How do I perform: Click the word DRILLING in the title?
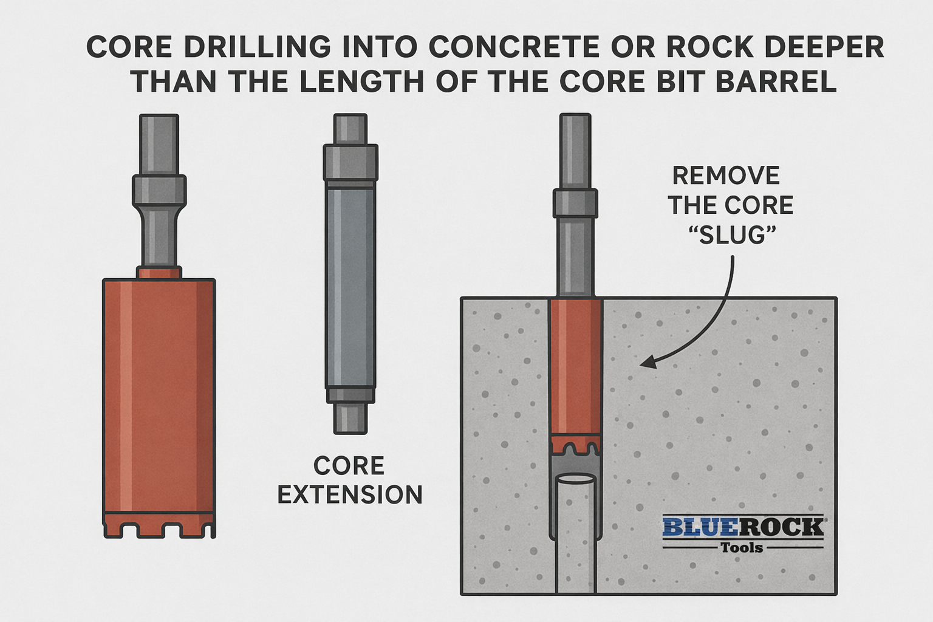[258, 47]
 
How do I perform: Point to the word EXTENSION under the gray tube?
[350, 494]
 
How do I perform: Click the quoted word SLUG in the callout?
[731, 234]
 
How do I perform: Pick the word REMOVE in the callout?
[726, 176]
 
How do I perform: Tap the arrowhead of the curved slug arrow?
[648, 363]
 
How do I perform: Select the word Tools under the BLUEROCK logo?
[742, 548]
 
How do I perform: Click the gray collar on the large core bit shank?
[159, 190]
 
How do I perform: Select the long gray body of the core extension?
[350, 285]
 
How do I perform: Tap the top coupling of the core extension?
[350, 162]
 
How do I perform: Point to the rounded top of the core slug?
[575, 480]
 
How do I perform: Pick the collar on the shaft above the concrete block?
[575, 203]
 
